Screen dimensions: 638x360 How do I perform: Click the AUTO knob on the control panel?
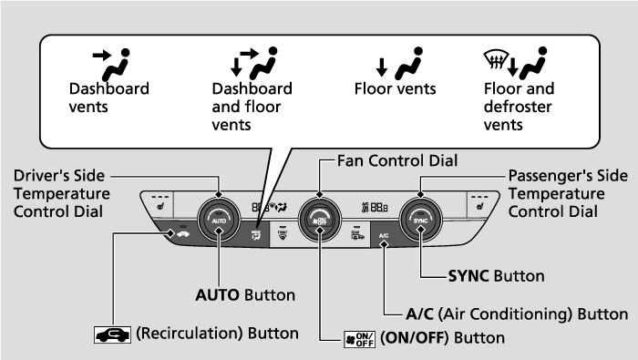[219, 220]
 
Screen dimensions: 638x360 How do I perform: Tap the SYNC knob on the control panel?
[421, 220]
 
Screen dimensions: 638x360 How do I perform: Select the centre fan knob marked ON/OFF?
[319, 220]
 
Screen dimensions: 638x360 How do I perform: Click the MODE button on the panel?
[256, 235]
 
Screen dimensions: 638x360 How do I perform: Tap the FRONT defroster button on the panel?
[283, 235]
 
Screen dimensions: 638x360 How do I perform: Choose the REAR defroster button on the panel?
[357, 235]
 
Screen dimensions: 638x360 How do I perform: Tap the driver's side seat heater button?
[159, 204]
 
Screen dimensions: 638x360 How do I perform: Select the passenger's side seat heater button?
[480, 204]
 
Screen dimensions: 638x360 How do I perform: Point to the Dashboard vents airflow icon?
[111, 65]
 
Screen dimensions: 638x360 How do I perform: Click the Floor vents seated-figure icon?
[409, 64]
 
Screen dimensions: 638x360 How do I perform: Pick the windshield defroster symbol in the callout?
[496, 59]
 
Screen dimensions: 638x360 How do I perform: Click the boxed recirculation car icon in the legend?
[113, 334]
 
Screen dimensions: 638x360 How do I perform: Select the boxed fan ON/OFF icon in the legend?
[359, 339]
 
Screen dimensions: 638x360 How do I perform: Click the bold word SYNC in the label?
[468, 276]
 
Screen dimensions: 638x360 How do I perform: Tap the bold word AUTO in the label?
[217, 295]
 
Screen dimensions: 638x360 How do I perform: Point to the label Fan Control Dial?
[397, 160]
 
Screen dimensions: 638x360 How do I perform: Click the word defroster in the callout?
[518, 107]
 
